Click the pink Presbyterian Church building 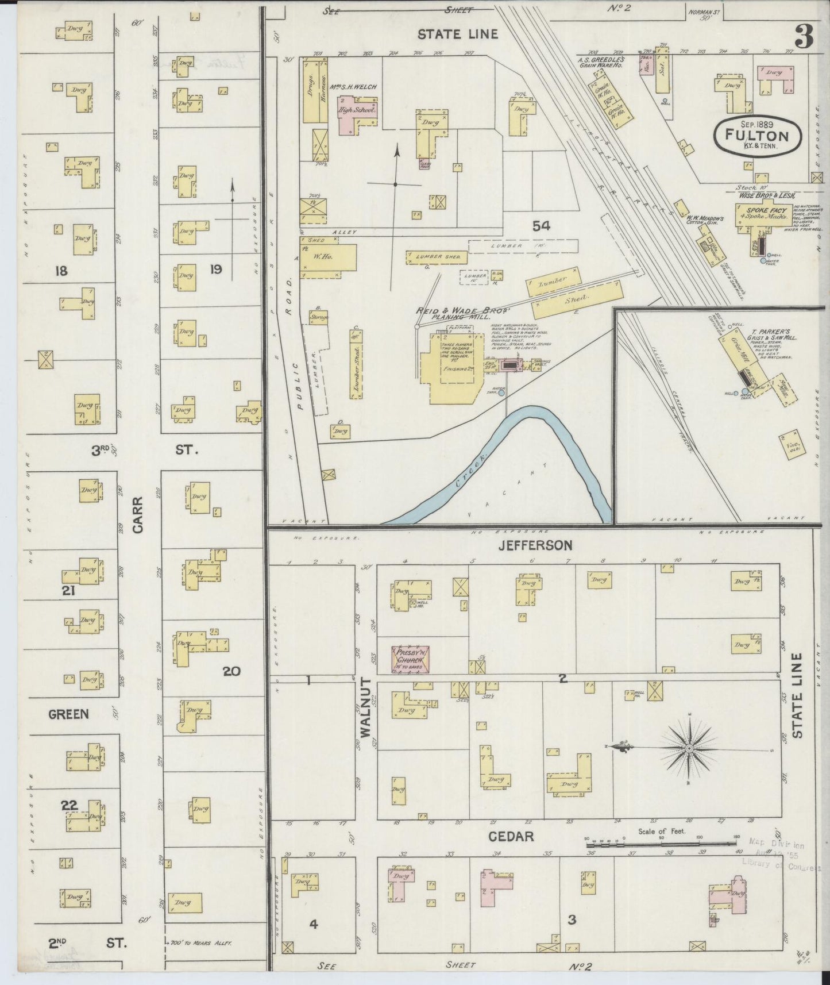click(x=411, y=659)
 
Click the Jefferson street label click(x=535, y=544)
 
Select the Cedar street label click(x=511, y=837)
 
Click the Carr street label click(x=138, y=515)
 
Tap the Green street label click(x=69, y=714)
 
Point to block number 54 click(x=541, y=226)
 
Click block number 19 click(x=215, y=268)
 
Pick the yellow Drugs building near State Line click(x=310, y=91)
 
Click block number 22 click(x=69, y=806)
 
